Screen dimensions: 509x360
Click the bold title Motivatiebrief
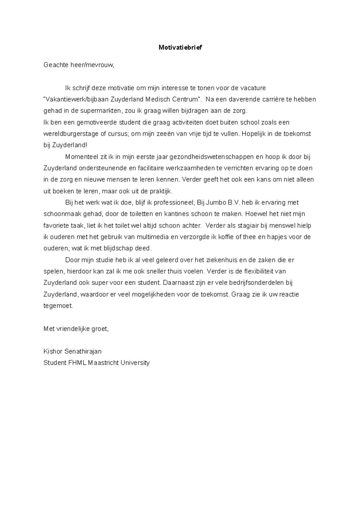(x=180, y=47)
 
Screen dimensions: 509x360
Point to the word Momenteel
(x=81, y=157)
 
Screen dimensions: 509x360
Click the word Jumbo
(x=215, y=202)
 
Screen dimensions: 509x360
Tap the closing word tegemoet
(x=58, y=306)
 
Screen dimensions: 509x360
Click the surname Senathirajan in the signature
(x=83, y=351)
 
